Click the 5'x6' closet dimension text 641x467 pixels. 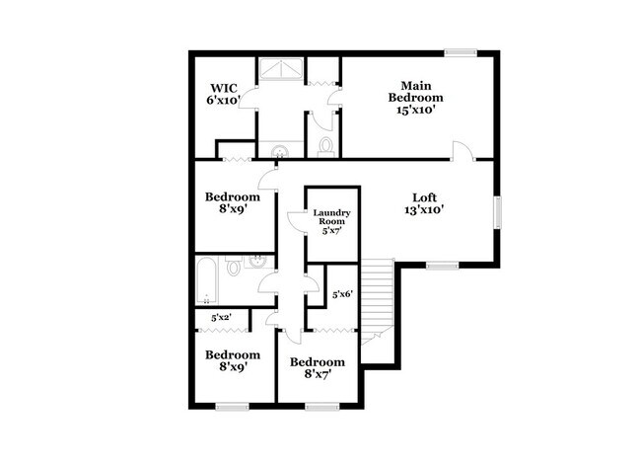pyautogui.click(x=341, y=294)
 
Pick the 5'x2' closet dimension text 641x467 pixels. pyautogui.click(x=221, y=318)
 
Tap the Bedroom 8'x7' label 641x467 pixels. pyautogui.click(x=317, y=368)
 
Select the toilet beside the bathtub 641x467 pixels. pyautogui.click(x=234, y=267)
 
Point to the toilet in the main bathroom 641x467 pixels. pyautogui.click(x=325, y=146)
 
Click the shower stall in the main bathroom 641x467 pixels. pyautogui.click(x=282, y=72)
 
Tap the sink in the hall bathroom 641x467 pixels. pyautogui.click(x=258, y=263)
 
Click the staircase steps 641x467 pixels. pyautogui.click(x=378, y=296)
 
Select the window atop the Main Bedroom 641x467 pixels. pyautogui.click(x=460, y=52)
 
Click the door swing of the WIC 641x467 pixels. pyautogui.click(x=248, y=97)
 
